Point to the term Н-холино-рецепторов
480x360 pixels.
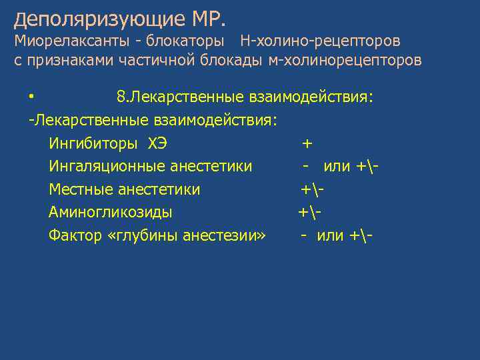pos(320,41)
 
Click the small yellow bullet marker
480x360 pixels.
pos(31,98)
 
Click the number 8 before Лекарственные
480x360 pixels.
pos(121,97)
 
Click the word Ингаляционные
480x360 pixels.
pos(108,166)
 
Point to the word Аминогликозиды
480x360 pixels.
pos(110,213)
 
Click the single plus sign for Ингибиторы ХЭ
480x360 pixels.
pos(307,143)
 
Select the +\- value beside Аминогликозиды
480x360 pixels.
pos(310,213)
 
